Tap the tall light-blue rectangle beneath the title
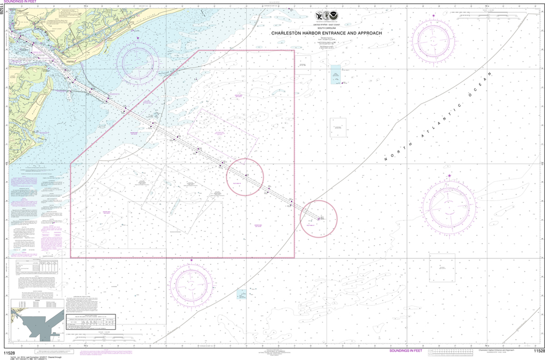(336, 74)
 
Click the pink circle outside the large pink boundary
(319, 219)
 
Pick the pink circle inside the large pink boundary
(245, 177)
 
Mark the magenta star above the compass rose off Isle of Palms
(138, 38)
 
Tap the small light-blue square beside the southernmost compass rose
(242, 294)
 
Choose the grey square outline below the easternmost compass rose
(442, 267)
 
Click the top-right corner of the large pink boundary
(294, 51)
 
